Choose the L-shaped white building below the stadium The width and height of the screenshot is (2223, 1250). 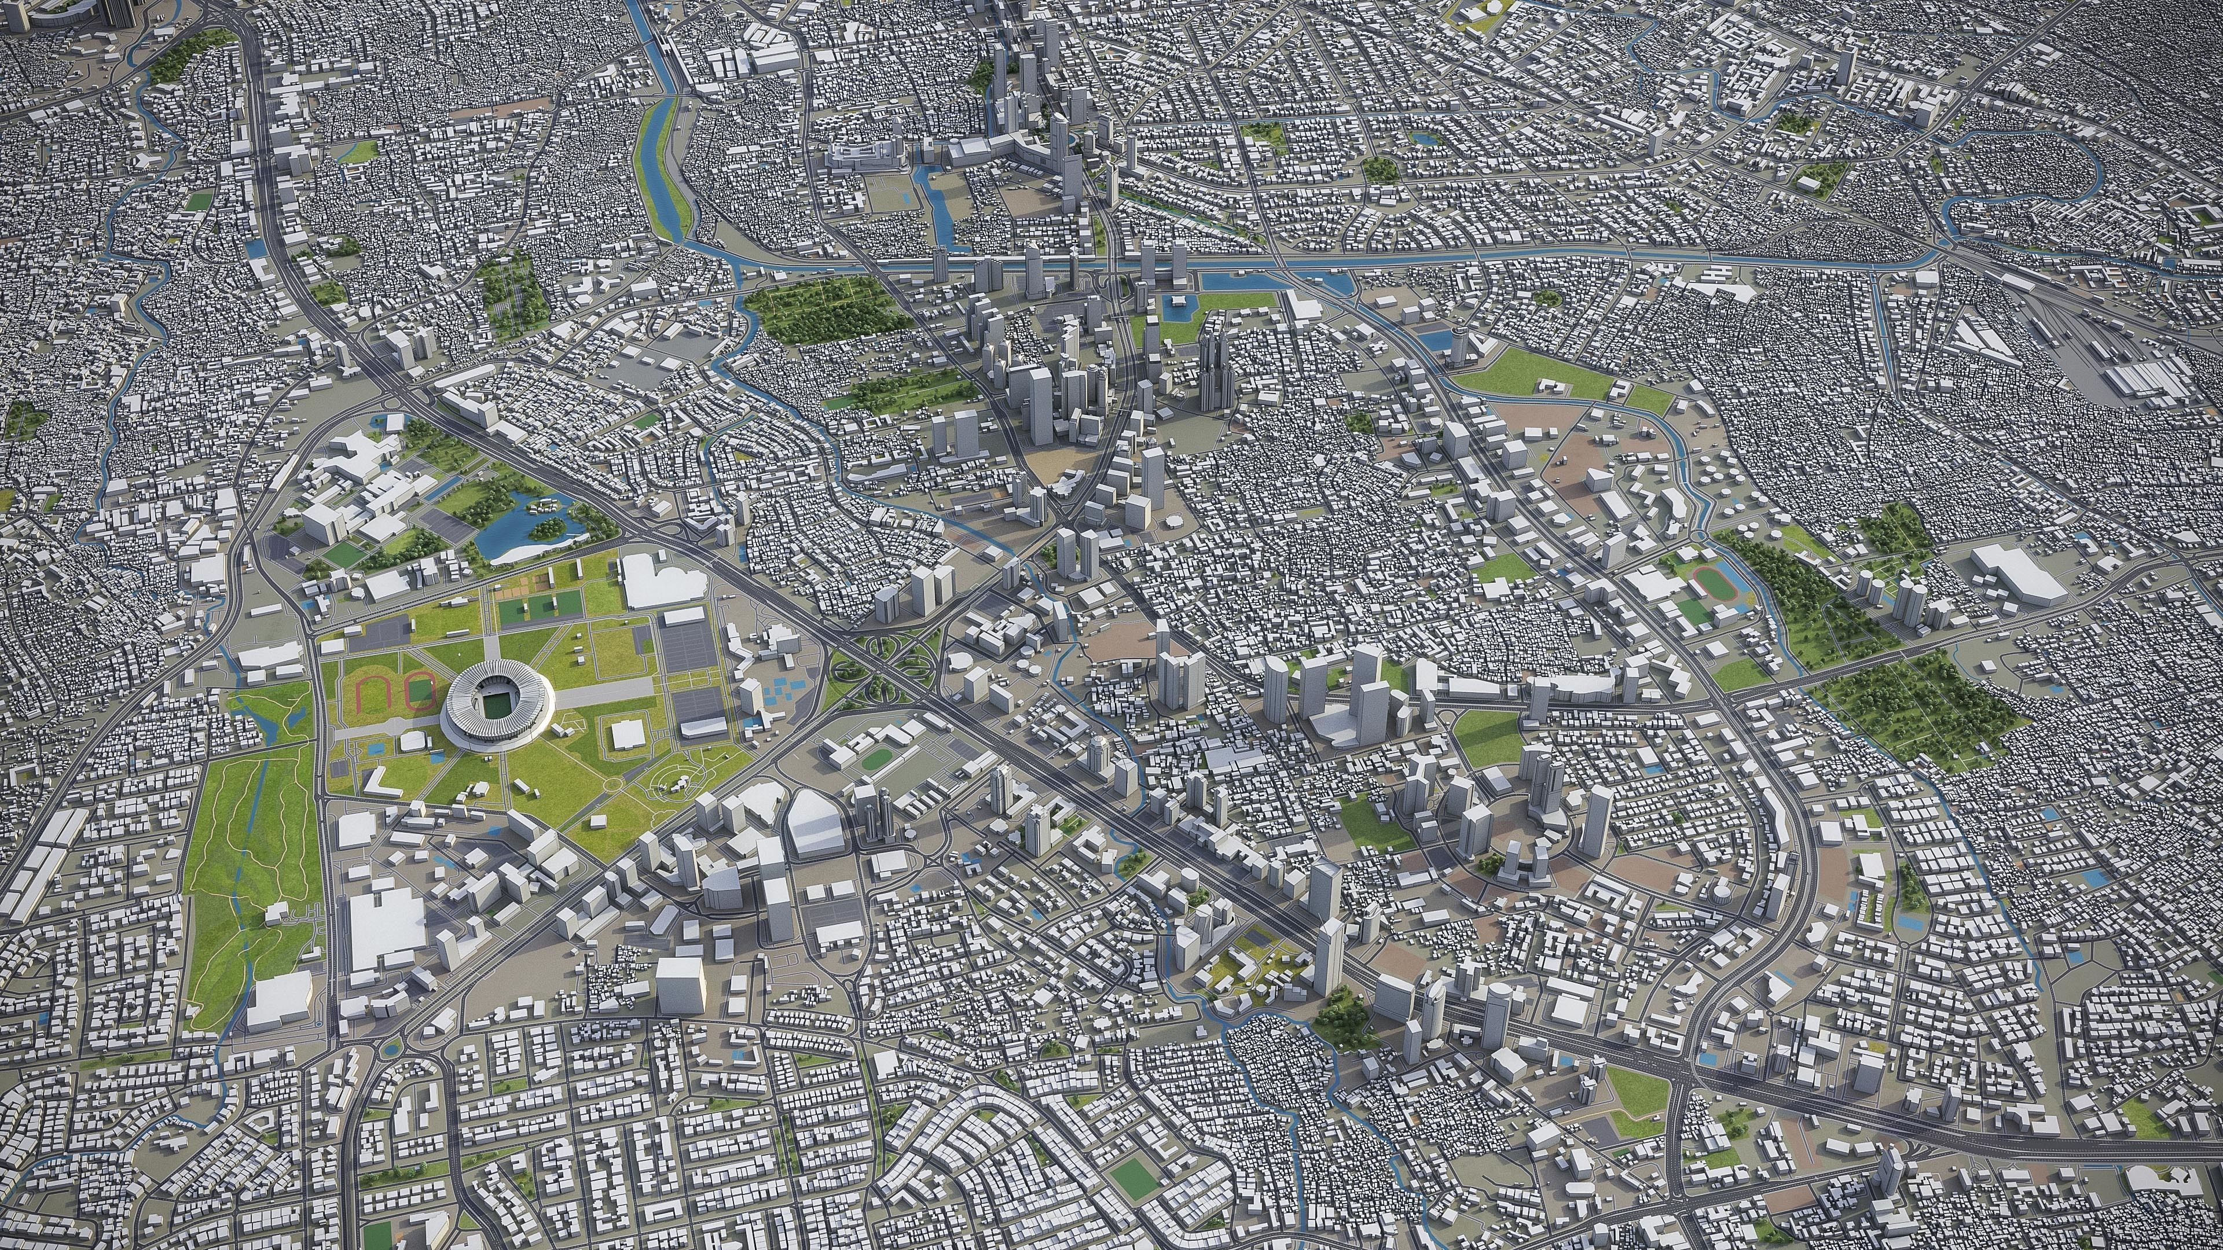click(x=376, y=782)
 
